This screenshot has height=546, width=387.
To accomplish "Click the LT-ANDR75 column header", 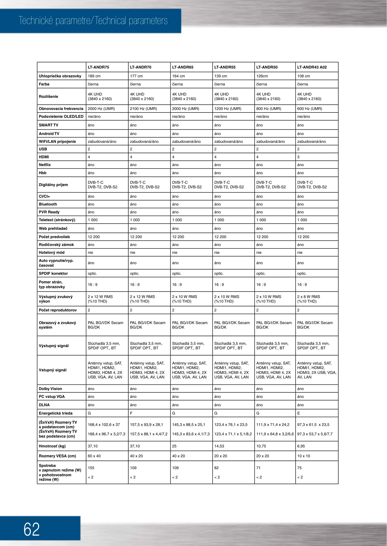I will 98,67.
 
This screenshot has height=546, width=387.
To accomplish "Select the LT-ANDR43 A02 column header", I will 312,67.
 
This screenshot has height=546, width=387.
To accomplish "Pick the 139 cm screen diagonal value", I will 221,76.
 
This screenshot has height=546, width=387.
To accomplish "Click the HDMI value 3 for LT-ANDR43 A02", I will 298,157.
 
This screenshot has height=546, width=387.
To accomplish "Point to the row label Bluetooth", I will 48,204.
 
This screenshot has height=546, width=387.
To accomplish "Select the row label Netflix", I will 45,165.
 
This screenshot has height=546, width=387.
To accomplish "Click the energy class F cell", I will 131,413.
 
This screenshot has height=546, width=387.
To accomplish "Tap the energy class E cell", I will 299,413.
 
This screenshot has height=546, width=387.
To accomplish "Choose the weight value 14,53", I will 219,446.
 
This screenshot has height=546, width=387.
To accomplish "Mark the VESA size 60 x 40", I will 94,456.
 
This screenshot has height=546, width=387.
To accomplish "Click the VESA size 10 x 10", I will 304,456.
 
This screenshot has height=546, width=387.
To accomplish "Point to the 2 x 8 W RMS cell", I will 309,297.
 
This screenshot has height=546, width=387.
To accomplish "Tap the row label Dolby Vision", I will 50,389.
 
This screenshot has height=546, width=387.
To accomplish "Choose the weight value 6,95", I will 301,446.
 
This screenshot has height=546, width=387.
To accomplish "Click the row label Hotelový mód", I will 52,253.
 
